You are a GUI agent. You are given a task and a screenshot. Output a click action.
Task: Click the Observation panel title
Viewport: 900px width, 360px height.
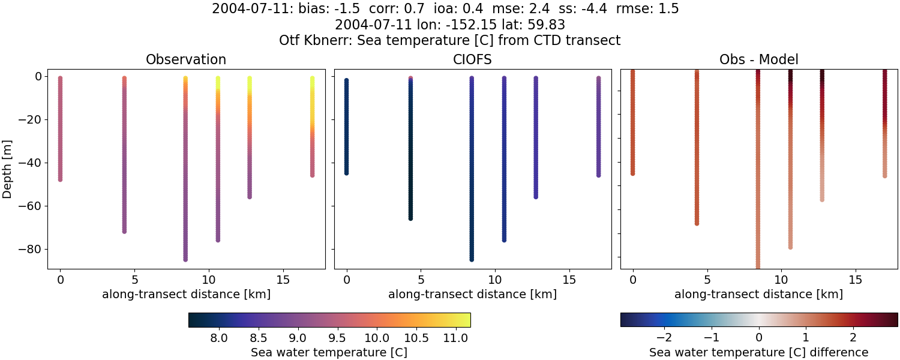186,60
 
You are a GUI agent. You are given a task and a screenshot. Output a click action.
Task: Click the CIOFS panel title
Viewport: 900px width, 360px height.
473,60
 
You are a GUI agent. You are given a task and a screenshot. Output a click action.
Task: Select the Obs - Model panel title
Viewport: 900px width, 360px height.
759,60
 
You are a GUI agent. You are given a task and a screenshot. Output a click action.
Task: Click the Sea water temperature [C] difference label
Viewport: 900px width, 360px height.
759,352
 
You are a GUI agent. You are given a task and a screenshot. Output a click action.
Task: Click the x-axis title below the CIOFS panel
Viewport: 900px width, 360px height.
473,295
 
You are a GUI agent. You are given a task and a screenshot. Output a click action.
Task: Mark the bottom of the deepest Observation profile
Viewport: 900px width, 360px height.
185,259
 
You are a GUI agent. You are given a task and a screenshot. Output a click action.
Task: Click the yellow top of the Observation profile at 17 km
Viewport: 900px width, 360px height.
312,79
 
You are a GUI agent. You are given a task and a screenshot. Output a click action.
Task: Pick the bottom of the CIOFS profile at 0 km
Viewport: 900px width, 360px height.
346,173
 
